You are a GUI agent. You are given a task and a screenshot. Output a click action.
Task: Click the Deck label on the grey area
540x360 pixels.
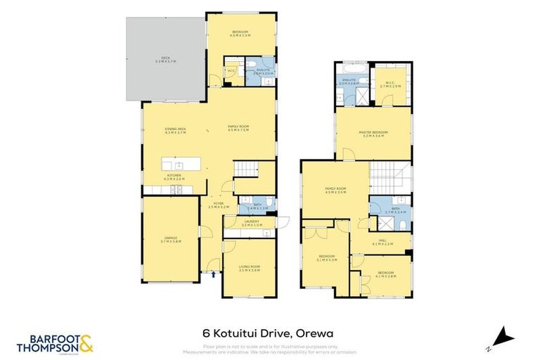[x=165, y=59]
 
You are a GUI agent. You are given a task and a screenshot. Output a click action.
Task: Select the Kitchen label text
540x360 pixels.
[x=173, y=176]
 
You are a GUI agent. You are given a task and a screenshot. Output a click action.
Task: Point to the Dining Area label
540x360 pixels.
[x=175, y=131]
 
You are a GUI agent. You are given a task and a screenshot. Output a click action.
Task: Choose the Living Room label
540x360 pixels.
[x=250, y=268]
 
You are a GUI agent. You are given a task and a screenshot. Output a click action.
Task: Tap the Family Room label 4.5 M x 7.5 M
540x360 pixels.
[x=239, y=128]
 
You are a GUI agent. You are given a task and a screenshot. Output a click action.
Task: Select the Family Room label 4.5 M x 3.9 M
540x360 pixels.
[x=335, y=191]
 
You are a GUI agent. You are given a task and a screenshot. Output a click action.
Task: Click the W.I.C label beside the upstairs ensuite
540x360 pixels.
[x=391, y=85]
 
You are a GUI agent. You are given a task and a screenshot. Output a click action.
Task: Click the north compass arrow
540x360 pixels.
[x=501, y=336]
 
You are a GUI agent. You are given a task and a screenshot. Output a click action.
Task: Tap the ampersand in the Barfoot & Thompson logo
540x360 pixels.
[x=85, y=345]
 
